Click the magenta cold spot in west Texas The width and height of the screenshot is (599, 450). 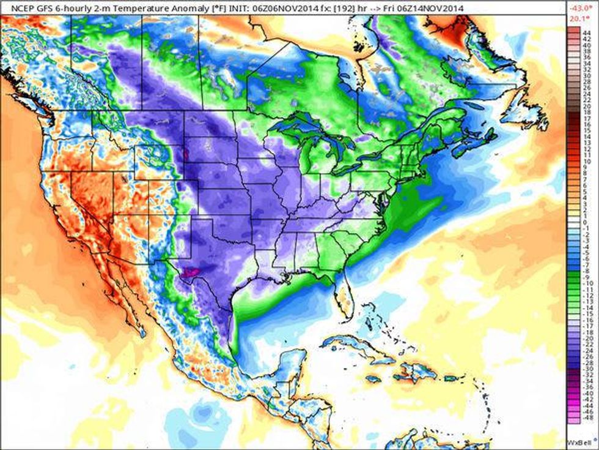click(191, 270)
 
